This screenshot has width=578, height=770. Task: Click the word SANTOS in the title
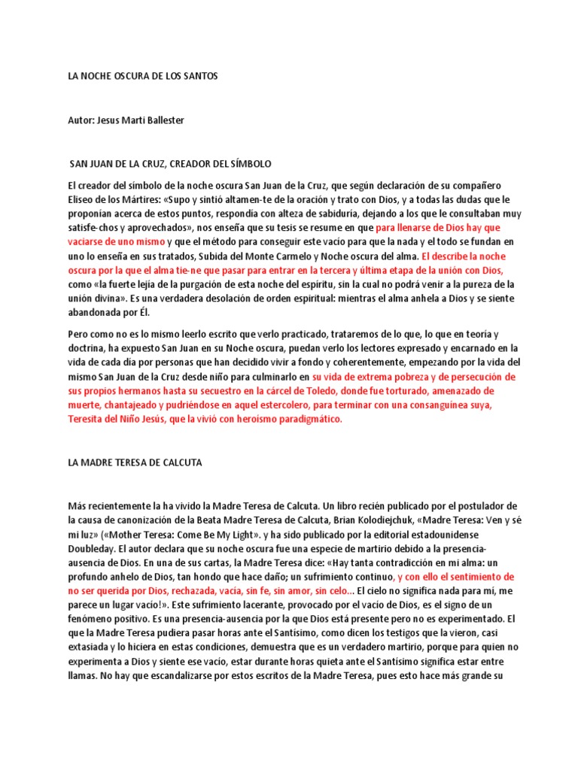pos(199,77)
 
